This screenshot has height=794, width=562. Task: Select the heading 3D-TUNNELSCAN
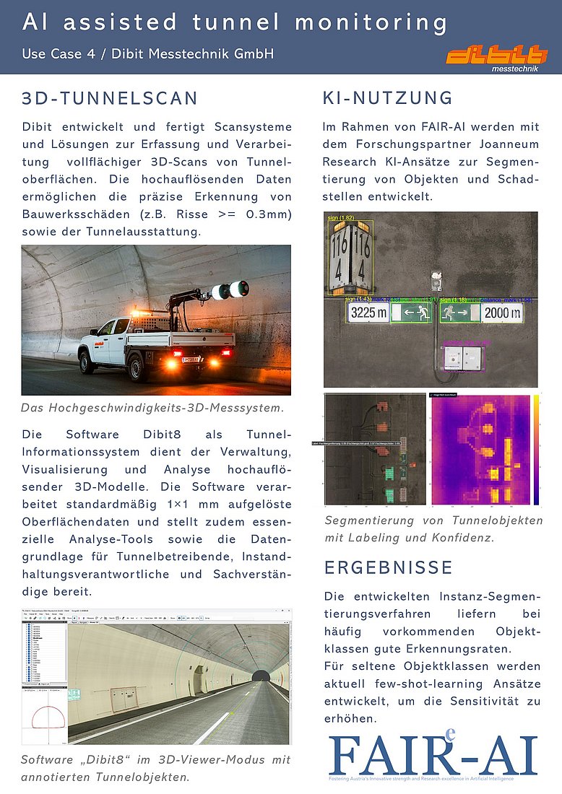click(110, 98)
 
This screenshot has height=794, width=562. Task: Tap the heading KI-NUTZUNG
click(387, 98)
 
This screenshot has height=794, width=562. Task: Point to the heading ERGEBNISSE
click(389, 567)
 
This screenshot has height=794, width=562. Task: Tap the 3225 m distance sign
click(368, 313)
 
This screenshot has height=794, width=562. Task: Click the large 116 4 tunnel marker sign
click(350, 257)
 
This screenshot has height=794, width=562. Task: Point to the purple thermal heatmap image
click(479, 450)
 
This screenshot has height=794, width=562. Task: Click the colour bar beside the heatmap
click(538, 450)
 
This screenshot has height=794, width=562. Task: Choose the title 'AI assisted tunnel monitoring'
click(235, 22)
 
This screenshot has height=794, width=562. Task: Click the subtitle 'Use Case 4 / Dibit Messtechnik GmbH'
click(148, 53)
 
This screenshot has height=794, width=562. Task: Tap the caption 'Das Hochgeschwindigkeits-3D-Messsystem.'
click(152, 408)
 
